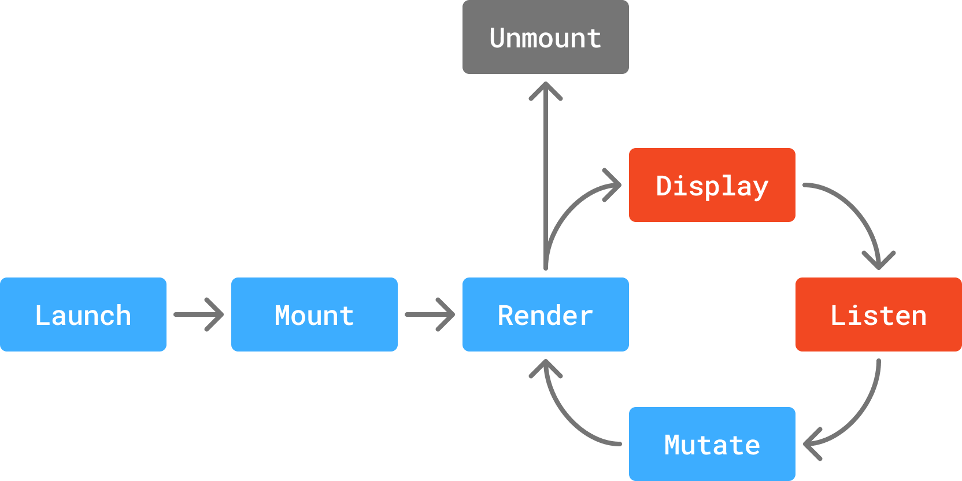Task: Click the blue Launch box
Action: click(83, 314)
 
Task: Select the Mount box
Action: click(314, 314)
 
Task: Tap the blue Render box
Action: click(546, 314)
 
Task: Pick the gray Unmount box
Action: click(546, 37)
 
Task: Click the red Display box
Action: click(712, 185)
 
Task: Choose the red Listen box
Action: click(879, 314)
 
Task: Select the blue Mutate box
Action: click(712, 444)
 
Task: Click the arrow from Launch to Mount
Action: click(198, 314)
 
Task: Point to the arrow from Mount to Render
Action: click(430, 314)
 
